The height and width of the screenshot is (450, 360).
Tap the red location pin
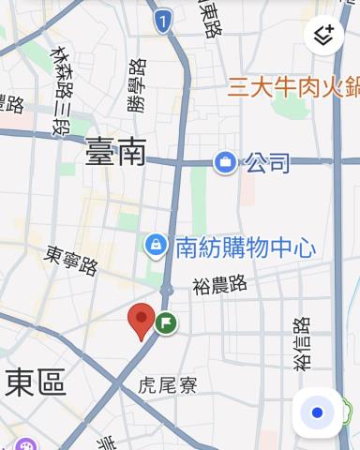coord(141,320)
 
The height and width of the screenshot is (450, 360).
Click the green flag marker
coord(167,322)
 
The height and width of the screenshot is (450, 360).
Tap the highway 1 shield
coord(164,18)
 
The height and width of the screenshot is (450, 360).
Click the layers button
coord(324,37)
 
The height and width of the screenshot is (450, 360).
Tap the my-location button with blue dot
coord(317,412)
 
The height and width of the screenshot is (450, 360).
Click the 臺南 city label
coord(115,152)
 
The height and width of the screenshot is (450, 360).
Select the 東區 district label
coord(36,382)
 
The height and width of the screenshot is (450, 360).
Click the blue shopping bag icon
coord(155,245)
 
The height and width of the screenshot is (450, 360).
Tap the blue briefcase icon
coord(225,163)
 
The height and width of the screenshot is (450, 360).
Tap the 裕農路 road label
coord(218,282)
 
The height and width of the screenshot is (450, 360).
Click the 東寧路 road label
coord(72,260)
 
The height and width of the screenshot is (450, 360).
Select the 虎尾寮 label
coord(166,385)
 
